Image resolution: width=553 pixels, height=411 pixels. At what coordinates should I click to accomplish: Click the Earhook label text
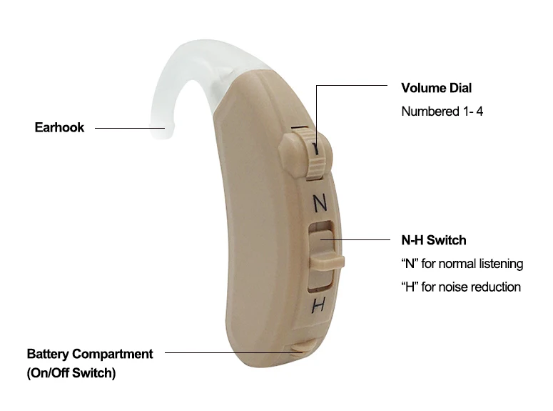(x=59, y=128)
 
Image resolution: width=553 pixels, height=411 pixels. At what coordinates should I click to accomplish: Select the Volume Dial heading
(x=436, y=89)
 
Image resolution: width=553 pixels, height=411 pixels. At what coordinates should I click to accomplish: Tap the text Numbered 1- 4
(x=442, y=112)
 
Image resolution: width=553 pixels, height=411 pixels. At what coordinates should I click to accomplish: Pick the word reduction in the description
(x=496, y=287)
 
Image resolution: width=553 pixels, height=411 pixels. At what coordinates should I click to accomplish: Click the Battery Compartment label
(x=90, y=354)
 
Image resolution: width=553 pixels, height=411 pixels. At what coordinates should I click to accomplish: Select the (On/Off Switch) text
(x=71, y=372)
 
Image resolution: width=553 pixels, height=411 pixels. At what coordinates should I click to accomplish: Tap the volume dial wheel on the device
(x=313, y=154)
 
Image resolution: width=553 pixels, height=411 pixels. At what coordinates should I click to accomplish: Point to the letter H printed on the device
(x=319, y=306)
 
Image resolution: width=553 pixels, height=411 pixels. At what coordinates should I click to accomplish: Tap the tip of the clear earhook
(x=163, y=132)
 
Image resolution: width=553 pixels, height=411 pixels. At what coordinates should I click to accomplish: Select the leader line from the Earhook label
(x=128, y=128)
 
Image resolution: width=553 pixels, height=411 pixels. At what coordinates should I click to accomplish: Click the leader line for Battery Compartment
(x=228, y=352)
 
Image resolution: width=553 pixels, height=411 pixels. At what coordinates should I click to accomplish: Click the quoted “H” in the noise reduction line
(x=410, y=287)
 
